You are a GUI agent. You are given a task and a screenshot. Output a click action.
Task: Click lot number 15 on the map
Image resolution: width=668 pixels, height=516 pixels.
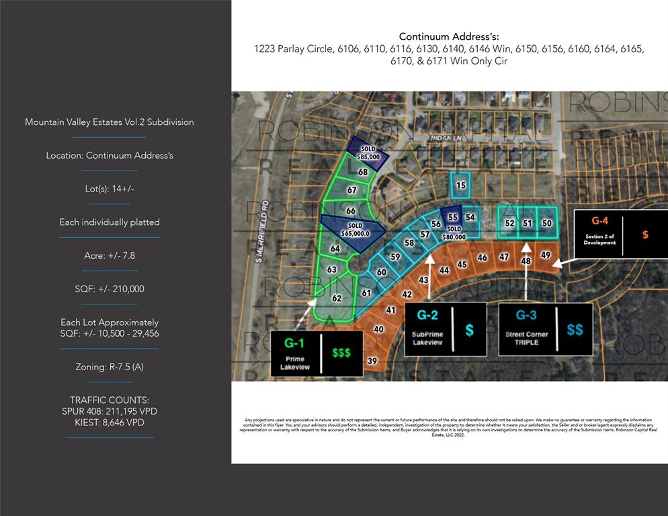[x=460, y=185]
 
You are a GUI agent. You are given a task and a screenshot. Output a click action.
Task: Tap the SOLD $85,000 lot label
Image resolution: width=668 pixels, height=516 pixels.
[x=368, y=153]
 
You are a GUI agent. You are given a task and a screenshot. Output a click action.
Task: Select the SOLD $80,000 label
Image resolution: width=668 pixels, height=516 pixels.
[x=454, y=232]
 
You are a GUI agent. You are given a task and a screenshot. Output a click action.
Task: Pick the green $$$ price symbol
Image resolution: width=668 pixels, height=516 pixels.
[x=341, y=352]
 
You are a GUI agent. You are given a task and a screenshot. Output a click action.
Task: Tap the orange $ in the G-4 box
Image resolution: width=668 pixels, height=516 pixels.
[x=645, y=234]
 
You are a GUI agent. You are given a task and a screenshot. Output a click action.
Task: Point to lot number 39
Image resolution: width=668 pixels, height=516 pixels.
[x=372, y=361]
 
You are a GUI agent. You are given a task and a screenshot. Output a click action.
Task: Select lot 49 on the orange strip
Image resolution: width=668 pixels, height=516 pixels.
[x=546, y=255]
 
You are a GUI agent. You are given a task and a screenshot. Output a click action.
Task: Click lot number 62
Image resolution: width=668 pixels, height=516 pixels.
[x=337, y=298]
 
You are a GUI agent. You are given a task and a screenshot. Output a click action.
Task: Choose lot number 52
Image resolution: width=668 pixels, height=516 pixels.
[x=509, y=223]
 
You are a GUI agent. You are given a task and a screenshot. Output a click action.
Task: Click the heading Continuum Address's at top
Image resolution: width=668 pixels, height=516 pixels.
[x=449, y=36]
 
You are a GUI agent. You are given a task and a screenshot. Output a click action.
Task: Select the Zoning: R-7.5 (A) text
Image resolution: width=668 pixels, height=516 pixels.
[x=110, y=367]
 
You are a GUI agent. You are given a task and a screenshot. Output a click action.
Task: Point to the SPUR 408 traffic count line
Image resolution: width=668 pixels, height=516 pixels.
[x=110, y=411]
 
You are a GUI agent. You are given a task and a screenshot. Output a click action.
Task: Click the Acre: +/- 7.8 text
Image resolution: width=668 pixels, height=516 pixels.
[x=110, y=255]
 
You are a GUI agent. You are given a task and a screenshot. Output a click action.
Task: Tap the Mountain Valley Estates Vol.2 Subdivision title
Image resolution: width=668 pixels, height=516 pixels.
[x=110, y=122]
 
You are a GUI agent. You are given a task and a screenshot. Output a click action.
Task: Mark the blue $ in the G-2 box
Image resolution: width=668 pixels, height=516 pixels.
[x=469, y=330]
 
